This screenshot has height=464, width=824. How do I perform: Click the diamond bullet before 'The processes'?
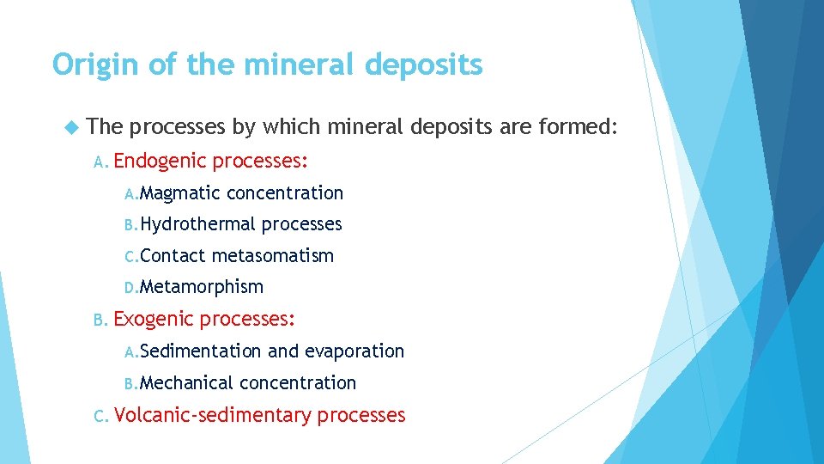pos(71,127)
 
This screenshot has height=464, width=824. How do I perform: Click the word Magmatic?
pos(181,193)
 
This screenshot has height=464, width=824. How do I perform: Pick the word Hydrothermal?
pos(198,224)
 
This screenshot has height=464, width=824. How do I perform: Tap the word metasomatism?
pos(272,255)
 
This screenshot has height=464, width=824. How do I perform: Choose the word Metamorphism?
pos(202,286)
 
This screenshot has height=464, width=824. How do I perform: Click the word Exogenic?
pos(155,319)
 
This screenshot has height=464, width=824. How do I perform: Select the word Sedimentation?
pos(201,351)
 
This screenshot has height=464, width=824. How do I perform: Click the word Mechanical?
pos(187,382)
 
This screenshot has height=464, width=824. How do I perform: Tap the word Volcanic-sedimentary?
pos(212,415)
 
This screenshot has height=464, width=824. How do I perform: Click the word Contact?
pos(173,255)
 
